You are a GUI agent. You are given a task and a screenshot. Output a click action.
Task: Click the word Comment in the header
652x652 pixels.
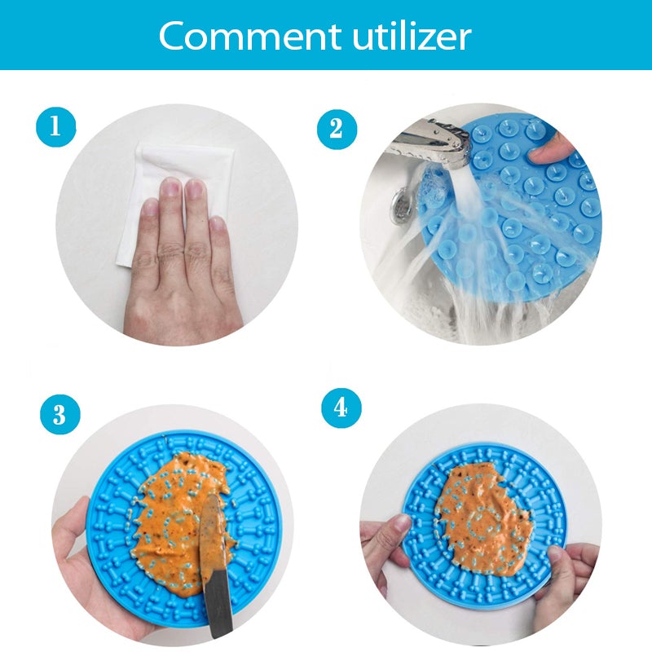point(249,36)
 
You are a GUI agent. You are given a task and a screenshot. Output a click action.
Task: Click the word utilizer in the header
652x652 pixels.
point(412,35)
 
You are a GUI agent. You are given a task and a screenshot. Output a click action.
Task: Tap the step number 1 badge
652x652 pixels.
point(56,127)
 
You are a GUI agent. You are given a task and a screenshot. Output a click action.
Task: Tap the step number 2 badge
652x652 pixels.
point(337,129)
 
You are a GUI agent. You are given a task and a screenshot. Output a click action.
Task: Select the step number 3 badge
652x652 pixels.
point(59,415)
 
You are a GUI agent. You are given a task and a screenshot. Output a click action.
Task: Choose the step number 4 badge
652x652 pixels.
point(341,408)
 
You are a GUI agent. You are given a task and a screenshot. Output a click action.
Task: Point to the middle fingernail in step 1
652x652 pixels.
point(171,187)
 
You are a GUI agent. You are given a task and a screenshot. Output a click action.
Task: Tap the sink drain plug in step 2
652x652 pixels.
point(400,205)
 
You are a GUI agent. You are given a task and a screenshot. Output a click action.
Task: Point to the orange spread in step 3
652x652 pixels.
point(183,520)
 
